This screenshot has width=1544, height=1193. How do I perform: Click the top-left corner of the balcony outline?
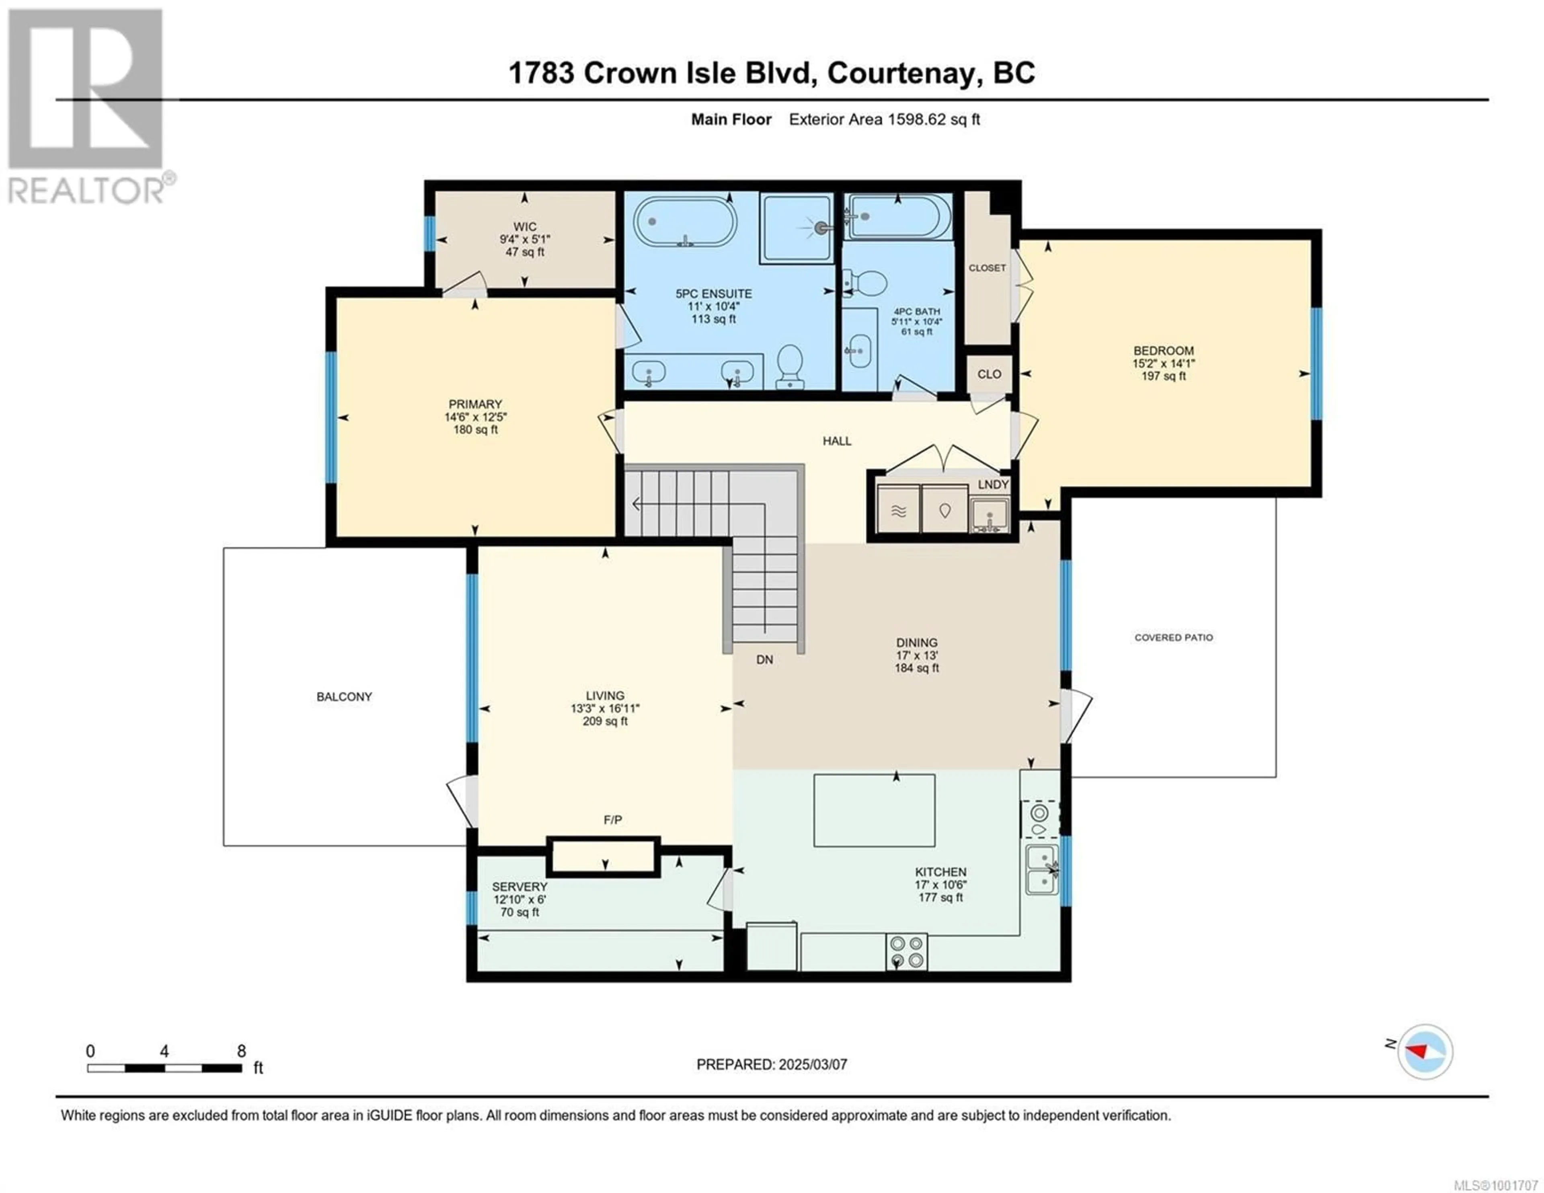pyautogui.click(x=224, y=548)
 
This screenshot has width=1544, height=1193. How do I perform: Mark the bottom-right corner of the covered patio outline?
pyautogui.click(x=1276, y=777)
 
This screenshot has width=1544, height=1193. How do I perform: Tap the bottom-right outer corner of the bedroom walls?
pyautogui.click(x=1320, y=497)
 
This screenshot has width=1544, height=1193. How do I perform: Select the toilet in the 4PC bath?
pyautogui.click(x=865, y=283)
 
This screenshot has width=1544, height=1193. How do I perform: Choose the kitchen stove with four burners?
pyautogui.click(x=906, y=951)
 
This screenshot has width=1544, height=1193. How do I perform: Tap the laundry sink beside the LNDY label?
pyautogui.click(x=989, y=514)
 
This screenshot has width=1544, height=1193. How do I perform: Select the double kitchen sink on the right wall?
pyautogui.click(x=1042, y=869)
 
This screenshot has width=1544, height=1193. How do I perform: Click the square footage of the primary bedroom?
pyautogui.click(x=475, y=430)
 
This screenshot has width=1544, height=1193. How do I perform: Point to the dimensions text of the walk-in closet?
pyautogui.click(x=525, y=240)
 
